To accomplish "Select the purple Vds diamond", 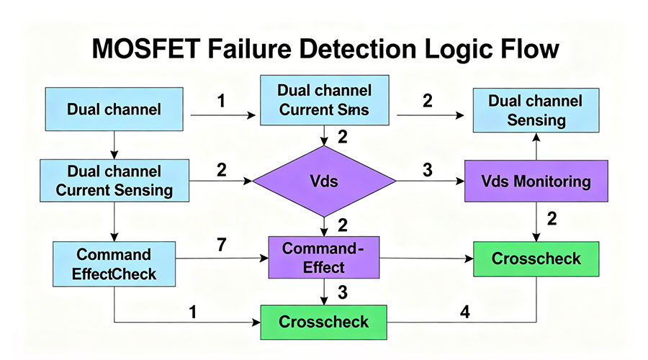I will [x=324, y=181].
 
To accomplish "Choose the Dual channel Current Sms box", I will [x=325, y=101].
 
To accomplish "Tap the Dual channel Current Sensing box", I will [x=114, y=181].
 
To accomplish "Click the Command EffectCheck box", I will [x=114, y=264].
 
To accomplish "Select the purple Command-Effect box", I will [x=325, y=258].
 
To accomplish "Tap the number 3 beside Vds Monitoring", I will [x=428, y=171].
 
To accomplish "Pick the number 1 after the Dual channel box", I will [x=220, y=101].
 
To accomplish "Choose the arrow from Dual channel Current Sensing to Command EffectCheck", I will [x=113, y=220].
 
